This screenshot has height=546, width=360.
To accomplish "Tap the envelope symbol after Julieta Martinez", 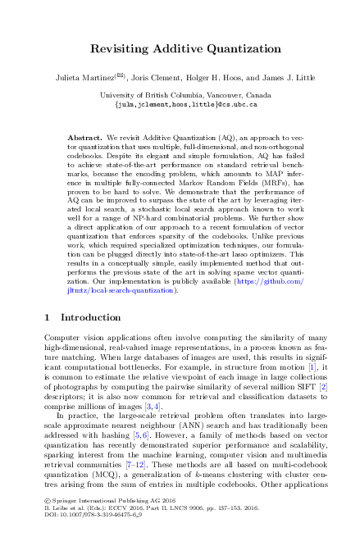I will (x=121, y=78).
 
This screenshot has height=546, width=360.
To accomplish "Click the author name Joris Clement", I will (x=157, y=80).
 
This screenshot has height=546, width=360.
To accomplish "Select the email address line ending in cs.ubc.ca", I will (x=180, y=105).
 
